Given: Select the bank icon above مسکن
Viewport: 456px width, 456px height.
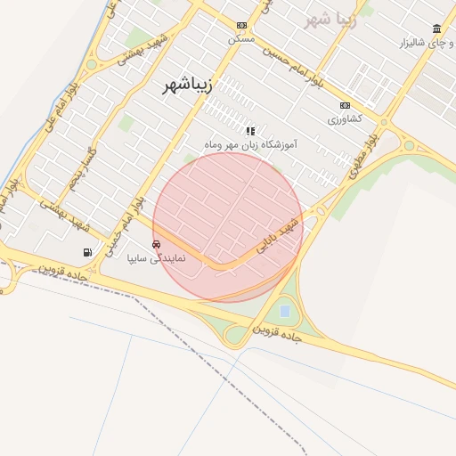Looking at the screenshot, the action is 241,26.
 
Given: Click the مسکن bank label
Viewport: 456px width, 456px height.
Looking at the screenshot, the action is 241,39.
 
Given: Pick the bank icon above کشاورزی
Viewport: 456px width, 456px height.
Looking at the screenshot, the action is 346,105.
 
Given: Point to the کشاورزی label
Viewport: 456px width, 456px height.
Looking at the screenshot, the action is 345,118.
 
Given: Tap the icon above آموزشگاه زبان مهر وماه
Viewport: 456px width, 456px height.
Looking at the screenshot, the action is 250,130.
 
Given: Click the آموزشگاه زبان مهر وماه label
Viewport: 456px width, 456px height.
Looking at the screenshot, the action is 250,143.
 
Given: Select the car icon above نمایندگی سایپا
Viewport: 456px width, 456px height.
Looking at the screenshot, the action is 157,244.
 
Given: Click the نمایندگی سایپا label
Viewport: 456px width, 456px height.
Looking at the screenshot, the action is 157,258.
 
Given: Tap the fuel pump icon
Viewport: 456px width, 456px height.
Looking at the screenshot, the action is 87,252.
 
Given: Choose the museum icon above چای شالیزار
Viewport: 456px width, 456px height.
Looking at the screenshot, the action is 436,28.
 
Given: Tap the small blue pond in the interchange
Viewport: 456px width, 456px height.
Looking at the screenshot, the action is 284,311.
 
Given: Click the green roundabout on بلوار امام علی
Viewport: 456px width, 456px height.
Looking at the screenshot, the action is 91,64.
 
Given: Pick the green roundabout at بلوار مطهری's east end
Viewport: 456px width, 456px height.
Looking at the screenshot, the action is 409,145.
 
